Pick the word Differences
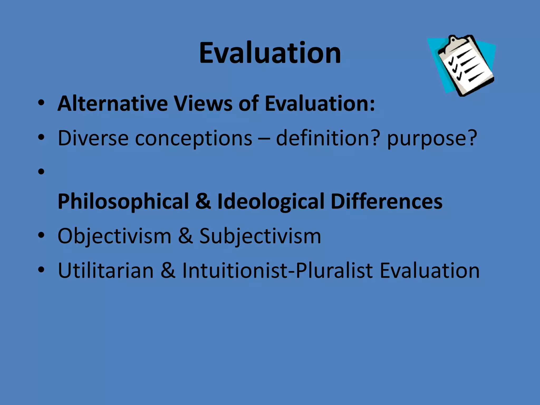click(386, 201)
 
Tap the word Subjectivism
click(260, 236)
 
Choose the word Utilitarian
click(105, 271)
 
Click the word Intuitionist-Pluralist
click(277, 271)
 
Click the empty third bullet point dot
click(41, 172)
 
